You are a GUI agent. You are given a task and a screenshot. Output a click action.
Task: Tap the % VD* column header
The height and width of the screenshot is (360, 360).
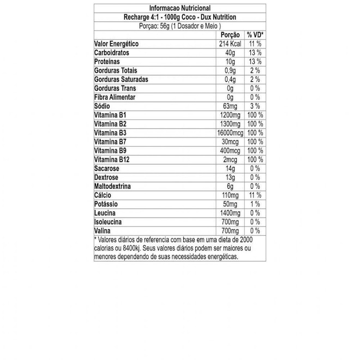click(255, 34)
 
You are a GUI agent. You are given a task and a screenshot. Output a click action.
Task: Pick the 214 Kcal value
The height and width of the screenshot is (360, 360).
click(230, 44)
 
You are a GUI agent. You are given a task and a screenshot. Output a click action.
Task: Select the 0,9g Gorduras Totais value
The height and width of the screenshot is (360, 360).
click(234, 70)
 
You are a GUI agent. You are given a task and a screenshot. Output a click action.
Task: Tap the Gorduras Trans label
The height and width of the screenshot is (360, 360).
click(115, 88)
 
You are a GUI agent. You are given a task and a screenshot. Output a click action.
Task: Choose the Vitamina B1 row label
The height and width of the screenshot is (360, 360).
click(110, 115)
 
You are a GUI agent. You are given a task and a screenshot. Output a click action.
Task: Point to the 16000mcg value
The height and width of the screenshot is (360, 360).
click(229, 133)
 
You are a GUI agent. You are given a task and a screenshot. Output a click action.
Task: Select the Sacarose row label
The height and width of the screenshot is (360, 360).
click(107, 169)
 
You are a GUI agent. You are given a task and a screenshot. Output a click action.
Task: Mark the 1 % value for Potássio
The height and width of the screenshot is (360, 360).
click(255, 205)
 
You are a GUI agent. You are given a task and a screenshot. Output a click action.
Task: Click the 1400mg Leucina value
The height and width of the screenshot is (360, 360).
click(230, 213)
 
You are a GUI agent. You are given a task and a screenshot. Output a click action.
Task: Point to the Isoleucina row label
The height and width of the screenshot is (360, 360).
click(108, 222)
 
